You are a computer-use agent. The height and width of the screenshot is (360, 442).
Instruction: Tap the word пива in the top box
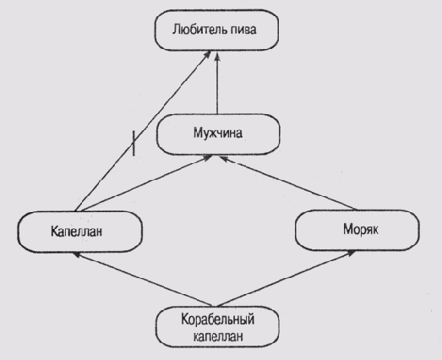[x=243, y=30]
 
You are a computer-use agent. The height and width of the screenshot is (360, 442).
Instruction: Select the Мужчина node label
[x=218, y=133]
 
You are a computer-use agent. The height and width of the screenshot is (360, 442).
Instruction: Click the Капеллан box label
[x=76, y=232]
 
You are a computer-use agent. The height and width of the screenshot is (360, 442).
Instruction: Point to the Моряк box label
[x=361, y=229]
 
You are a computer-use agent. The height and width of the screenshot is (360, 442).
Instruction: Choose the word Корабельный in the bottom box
[x=217, y=319]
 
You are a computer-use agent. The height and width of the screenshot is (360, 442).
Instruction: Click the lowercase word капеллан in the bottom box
[x=218, y=336]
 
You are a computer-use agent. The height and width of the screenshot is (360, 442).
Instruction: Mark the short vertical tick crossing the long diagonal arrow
[x=134, y=143]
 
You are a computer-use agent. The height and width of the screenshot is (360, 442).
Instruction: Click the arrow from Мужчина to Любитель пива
[x=217, y=83]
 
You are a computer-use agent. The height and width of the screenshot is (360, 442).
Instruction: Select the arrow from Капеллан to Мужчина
[x=145, y=183]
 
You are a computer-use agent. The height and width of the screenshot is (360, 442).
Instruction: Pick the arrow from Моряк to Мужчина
[x=288, y=183]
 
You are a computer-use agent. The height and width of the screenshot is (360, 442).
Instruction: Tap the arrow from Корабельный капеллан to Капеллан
[x=142, y=280]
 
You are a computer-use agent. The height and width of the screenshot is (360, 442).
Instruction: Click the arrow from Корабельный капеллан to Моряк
[x=286, y=278]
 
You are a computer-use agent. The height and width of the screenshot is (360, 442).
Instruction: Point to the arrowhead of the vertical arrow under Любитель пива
[x=217, y=57]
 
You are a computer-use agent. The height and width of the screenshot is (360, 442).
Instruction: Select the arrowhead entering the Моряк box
[x=351, y=253]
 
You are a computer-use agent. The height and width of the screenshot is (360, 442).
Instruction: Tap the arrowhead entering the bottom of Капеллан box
[x=78, y=254]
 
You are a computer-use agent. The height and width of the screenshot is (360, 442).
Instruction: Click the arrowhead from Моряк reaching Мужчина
[x=225, y=159]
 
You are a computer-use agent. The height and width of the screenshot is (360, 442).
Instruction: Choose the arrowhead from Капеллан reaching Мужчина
[x=207, y=157]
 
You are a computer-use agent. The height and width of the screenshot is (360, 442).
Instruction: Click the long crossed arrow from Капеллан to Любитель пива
[x=143, y=131]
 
